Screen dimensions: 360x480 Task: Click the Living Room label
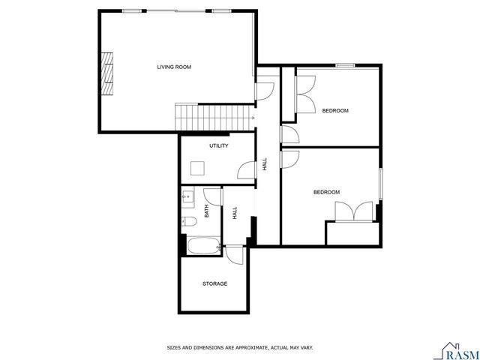[174, 67]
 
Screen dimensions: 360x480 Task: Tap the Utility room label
[219, 146]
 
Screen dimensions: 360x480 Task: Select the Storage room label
[214, 283]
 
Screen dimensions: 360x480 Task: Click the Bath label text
[206, 212]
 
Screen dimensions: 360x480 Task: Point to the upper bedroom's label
[335, 111]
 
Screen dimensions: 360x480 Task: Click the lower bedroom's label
[326, 193]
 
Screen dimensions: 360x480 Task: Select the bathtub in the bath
[201, 245]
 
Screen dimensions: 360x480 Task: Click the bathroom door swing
[214, 196]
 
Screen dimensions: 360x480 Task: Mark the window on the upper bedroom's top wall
[344, 66]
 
